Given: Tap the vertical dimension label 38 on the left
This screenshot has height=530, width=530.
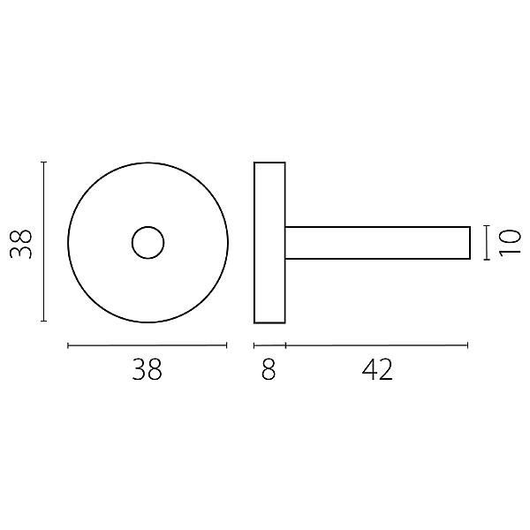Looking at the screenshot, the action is pos(21,244).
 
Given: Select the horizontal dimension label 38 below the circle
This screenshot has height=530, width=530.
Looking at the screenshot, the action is pos(147,369).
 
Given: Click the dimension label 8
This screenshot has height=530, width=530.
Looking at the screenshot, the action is pos(269,369).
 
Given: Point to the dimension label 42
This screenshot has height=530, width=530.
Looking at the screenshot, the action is pos(377,369).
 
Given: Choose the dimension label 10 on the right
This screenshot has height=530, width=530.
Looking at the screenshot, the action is pos(510,243).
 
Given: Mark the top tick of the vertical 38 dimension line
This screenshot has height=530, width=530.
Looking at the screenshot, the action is pos(43,163).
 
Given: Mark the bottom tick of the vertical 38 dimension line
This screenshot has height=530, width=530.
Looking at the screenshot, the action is pos(43,321).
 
